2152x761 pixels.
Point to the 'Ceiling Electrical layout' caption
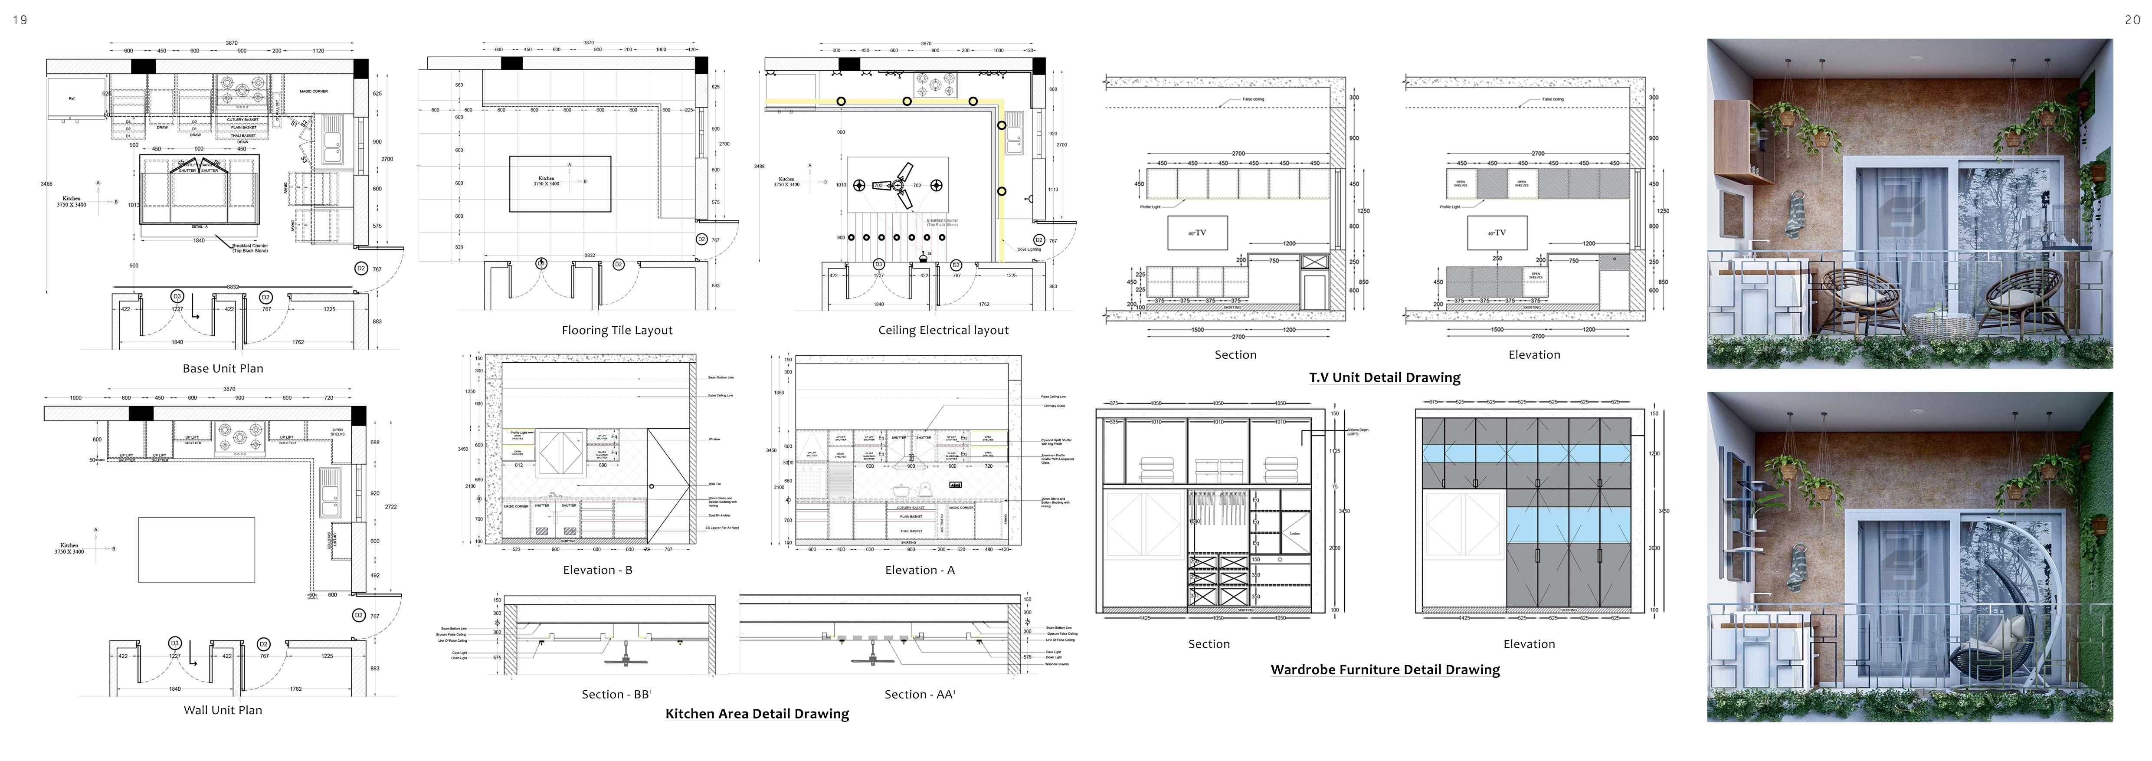943,330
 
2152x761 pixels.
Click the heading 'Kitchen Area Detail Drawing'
757,713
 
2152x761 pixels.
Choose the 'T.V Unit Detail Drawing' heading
1384,377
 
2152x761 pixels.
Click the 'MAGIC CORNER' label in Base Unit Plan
313,91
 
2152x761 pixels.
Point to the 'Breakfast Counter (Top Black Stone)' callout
250,247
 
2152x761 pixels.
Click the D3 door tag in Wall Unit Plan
175,643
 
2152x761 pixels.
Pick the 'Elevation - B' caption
597,570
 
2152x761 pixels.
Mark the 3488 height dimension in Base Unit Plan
47,183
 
